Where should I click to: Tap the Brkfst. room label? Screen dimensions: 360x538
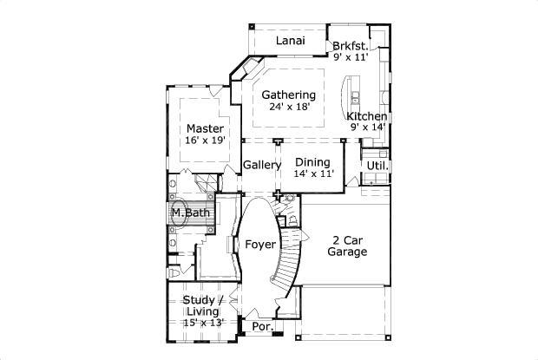[x=350, y=45]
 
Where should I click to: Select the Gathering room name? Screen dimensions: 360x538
[x=288, y=95]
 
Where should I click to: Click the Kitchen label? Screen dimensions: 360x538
[x=366, y=116]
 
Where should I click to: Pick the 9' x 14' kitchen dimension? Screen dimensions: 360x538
[x=367, y=128]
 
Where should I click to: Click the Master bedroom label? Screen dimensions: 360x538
[x=205, y=128]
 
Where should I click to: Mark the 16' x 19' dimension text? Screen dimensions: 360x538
[x=205, y=140]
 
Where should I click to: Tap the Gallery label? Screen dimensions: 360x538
[x=261, y=165]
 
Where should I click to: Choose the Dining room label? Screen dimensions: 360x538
[x=312, y=161]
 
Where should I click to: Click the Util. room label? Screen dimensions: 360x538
[x=376, y=165]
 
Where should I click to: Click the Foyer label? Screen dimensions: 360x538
[x=259, y=245]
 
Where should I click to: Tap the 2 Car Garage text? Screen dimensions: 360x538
[x=347, y=246]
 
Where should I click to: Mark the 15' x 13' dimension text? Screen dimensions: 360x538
[x=204, y=323]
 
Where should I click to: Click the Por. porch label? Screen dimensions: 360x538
[x=260, y=327]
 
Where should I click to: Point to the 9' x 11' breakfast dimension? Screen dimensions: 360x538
[x=351, y=57]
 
